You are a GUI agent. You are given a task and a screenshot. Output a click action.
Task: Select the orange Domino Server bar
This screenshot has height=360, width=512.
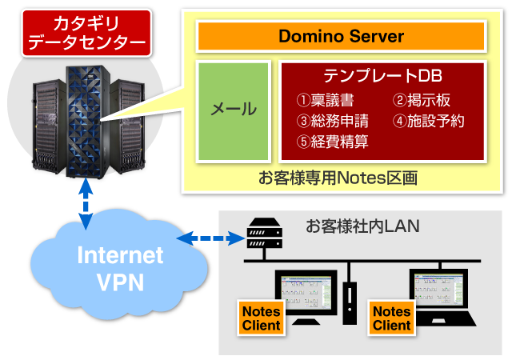(341, 37)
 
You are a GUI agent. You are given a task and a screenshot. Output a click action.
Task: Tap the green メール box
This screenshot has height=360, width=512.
(233, 109)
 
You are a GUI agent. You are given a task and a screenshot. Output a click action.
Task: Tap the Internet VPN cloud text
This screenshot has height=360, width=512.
(120, 268)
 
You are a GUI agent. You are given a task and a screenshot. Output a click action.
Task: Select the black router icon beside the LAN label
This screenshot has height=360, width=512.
(265, 233)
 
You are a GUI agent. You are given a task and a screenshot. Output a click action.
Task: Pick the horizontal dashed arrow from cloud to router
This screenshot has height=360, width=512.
(210, 238)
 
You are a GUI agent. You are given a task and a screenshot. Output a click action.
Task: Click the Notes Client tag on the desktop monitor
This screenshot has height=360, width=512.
(261, 318)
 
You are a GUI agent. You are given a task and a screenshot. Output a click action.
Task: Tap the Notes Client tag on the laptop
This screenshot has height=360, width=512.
(392, 318)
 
